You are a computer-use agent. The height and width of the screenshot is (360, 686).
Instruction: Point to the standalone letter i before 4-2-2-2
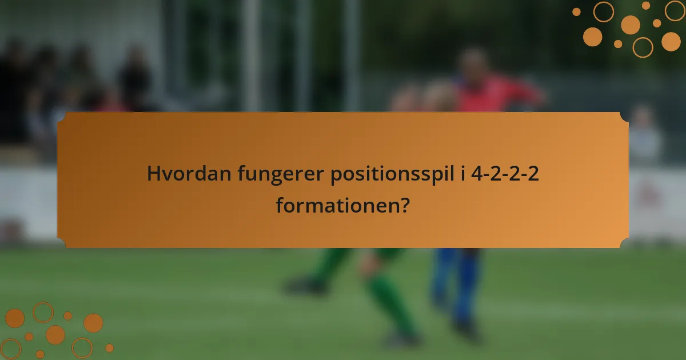coord(462,173)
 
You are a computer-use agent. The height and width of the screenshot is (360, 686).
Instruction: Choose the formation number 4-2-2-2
coord(505,174)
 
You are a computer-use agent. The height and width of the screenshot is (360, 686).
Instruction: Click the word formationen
coord(337,204)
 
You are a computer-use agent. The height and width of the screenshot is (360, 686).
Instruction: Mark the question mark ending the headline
coord(405,204)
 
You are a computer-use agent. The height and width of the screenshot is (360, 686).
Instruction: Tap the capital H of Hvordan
coord(153,174)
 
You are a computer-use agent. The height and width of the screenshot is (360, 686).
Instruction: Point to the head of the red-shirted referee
coord(474,62)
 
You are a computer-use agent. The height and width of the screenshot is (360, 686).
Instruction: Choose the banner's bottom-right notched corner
coord(624,243)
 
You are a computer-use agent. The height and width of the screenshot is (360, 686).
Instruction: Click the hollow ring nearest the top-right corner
coord(675,10)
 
